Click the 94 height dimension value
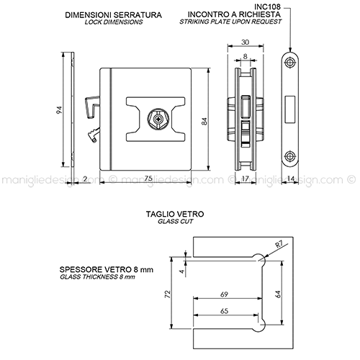[59, 110]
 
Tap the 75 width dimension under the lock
[148, 179]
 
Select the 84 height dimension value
[204, 121]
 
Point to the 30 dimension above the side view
[245, 42]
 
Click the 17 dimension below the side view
[246, 179]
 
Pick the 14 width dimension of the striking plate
[291, 179]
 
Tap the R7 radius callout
[279, 245]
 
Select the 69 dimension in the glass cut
[224, 294]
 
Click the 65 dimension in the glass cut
[224, 311]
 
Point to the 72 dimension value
[168, 294]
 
